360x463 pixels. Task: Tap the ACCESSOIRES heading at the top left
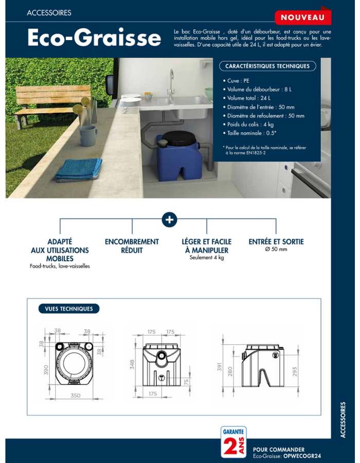[49, 13]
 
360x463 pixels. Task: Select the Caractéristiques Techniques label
[267, 66]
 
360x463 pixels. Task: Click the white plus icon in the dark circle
[169, 220]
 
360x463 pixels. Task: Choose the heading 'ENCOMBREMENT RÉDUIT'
[132, 246]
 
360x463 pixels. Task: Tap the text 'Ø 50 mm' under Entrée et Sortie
[276, 250]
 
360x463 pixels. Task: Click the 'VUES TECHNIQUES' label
[69, 309]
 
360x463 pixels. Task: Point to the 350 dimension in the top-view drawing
[76, 395]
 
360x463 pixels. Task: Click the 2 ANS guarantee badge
[232, 442]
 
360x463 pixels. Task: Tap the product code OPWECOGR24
[305, 456]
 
